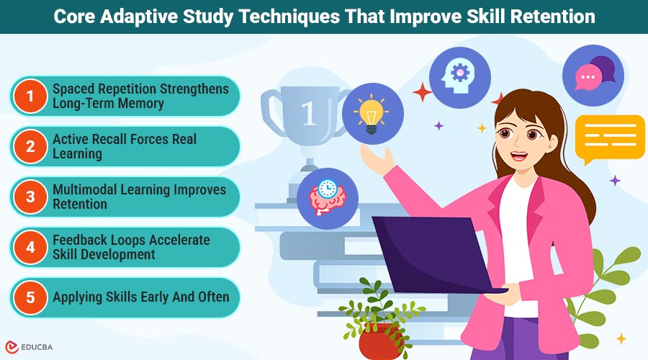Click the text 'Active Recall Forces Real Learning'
tap(124, 146)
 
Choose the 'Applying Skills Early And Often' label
tap(141, 297)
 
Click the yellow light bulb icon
tap(372, 114)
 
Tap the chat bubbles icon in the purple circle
tap(593, 77)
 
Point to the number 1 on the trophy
tap(308, 114)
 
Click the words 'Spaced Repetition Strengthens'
tap(141, 89)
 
